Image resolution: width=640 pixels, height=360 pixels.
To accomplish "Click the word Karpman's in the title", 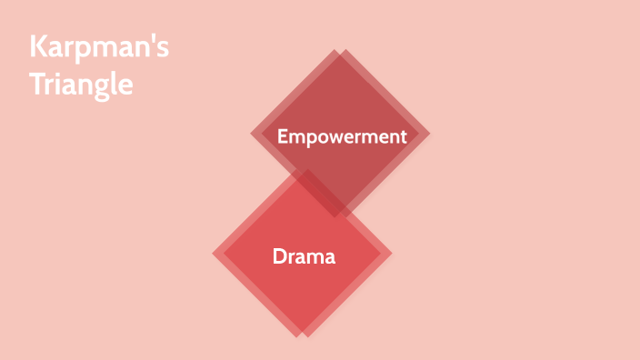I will pos(98,49).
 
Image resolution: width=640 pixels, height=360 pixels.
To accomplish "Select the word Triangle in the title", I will pos(81,85).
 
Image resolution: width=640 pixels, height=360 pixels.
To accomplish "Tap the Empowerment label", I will pos(340,136).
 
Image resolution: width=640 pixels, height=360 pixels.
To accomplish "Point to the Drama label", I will pos(304,256).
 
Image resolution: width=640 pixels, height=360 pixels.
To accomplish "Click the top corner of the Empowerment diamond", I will pos(337,51).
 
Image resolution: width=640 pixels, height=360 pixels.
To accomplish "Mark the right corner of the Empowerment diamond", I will pos(428,134).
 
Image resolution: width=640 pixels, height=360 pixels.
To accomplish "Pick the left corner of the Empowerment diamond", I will pos(252,135).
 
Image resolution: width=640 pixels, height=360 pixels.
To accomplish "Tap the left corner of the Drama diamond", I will pos(214,253).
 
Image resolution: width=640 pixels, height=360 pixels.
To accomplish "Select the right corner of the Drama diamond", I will pos(391,252).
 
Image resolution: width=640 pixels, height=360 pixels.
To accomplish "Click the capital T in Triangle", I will pos(36,85).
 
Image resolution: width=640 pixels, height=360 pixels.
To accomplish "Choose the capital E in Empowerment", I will pos(282,136).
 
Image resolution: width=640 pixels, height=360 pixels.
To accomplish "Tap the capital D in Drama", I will pos(279,256).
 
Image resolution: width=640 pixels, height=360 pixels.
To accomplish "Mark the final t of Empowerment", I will pos(400,136).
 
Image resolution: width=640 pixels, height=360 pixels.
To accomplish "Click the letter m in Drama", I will pos(315,257).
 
